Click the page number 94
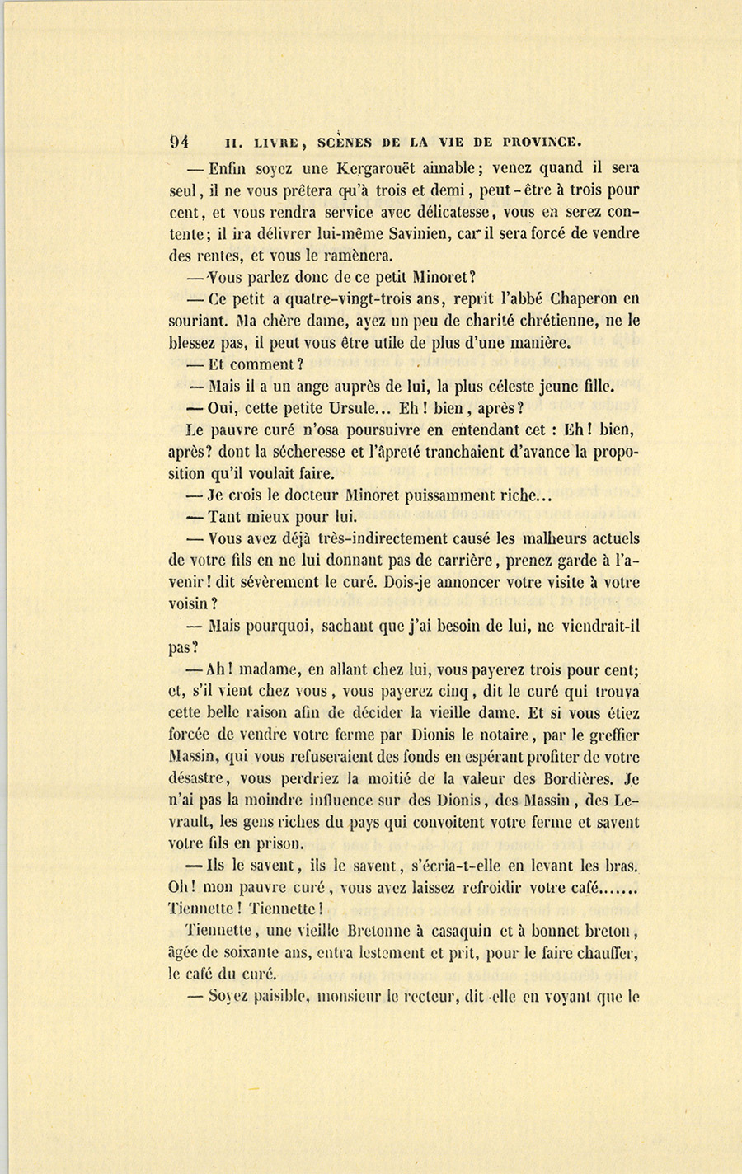click(180, 140)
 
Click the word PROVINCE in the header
click(535, 141)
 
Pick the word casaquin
click(469, 931)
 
